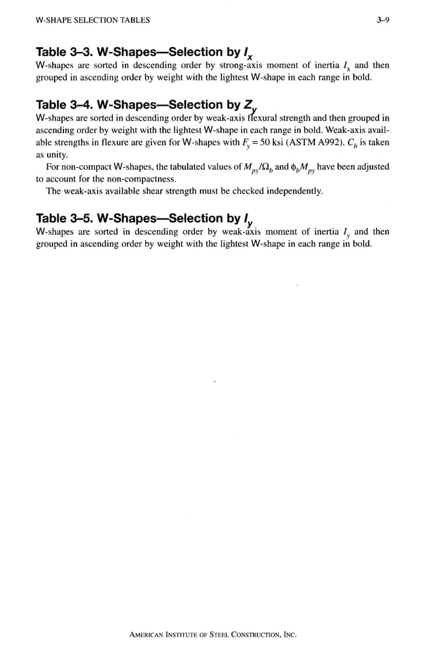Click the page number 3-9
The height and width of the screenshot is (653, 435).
(384, 20)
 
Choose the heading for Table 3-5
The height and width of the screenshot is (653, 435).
(145, 219)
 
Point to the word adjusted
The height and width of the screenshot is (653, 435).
(371, 167)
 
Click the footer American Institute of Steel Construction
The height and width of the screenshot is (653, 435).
(213, 634)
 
